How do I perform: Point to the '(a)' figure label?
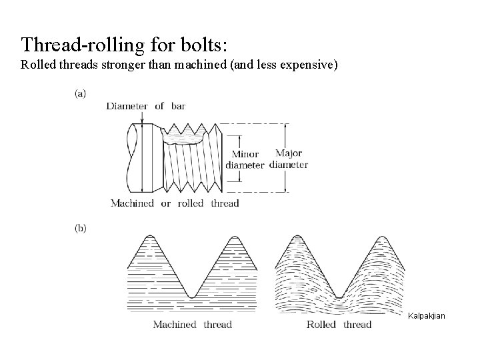79,93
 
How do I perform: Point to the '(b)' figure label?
79,228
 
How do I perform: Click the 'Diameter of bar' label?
145,105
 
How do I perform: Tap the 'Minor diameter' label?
245,159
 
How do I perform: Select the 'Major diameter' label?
288,159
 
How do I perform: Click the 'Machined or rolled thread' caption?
175,203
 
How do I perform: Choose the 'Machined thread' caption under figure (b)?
192,325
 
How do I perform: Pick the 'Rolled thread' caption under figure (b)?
339,325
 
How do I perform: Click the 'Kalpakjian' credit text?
427,314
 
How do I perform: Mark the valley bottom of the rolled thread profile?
340,296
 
